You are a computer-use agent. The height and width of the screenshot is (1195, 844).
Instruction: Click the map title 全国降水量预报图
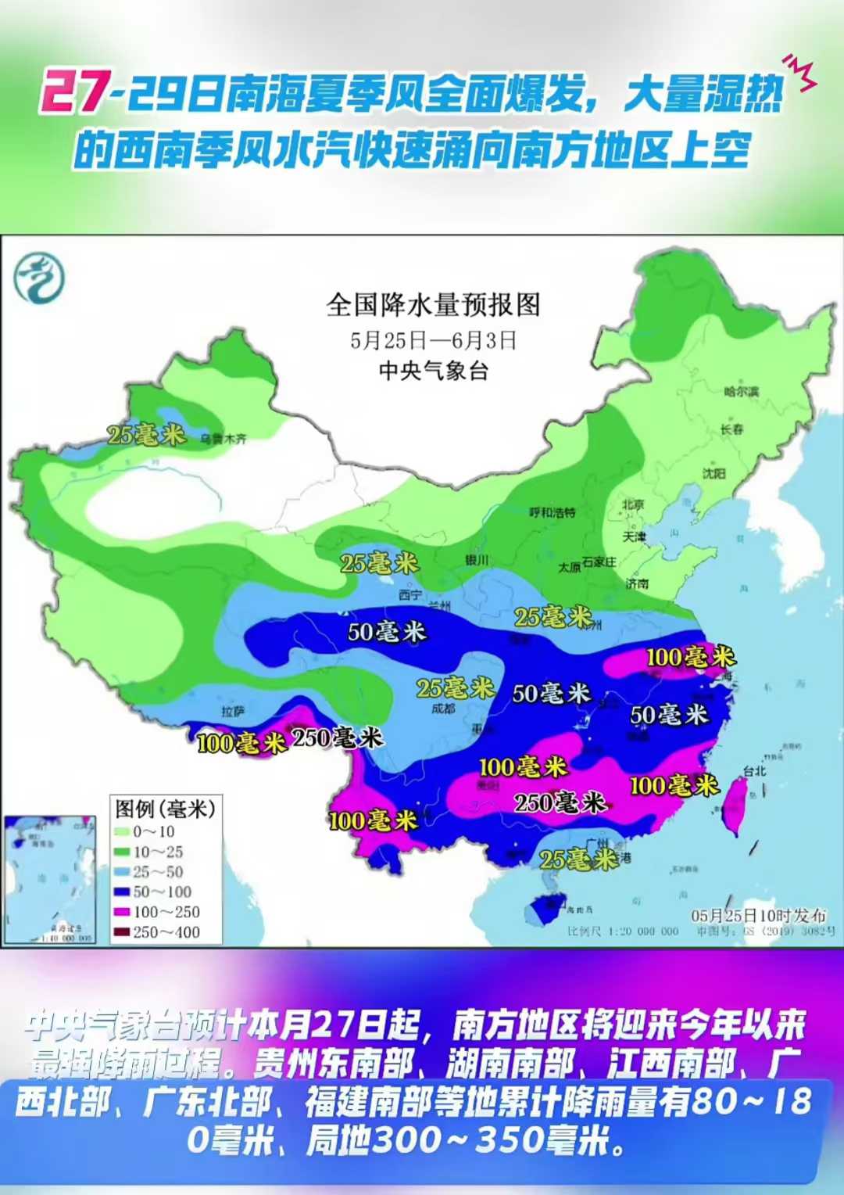click(x=433, y=304)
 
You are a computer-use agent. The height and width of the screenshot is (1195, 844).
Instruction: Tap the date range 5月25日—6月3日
click(x=433, y=340)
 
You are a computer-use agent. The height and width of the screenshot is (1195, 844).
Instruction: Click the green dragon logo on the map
click(x=39, y=278)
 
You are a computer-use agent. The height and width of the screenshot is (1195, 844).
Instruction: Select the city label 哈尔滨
click(x=740, y=391)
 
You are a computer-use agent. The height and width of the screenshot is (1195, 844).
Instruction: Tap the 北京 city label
click(x=633, y=504)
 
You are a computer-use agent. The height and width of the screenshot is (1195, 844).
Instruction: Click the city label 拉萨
click(x=233, y=711)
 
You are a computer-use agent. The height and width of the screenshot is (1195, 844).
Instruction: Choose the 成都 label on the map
click(x=443, y=709)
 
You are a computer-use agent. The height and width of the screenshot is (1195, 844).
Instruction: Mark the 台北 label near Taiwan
click(x=754, y=770)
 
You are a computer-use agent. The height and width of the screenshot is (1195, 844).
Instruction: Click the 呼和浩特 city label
click(x=552, y=512)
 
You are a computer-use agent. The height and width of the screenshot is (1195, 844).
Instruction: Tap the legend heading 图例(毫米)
click(x=165, y=808)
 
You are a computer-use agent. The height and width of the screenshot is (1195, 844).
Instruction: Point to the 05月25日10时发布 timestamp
click(x=758, y=915)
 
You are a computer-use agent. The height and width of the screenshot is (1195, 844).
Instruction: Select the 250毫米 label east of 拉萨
click(x=337, y=737)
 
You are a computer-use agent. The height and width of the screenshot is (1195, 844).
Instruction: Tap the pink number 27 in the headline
click(x=74, y=92)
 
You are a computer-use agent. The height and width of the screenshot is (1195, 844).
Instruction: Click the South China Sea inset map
click(x=48, y=880)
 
